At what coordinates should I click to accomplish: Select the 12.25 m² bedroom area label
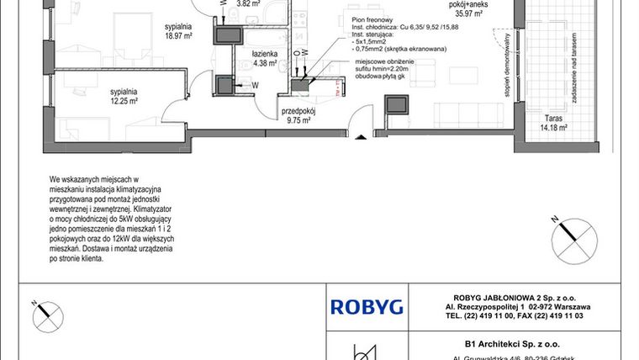[123, 100]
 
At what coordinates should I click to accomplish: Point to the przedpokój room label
[298, 110]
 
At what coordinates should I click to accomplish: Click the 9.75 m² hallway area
[298, 120]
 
